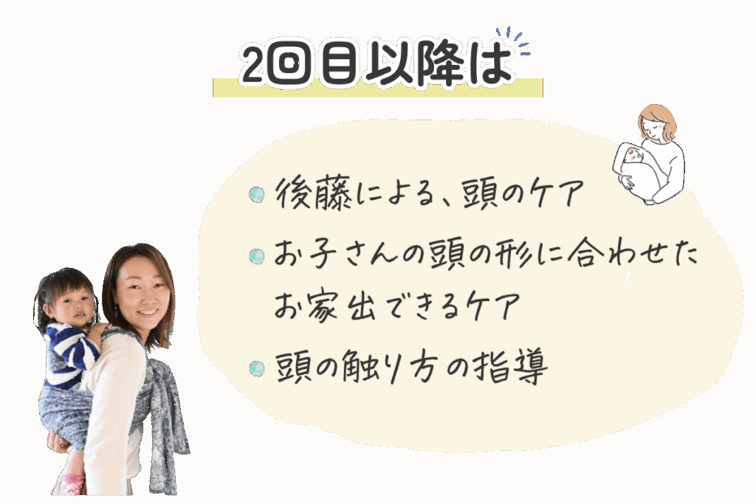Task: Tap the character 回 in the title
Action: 289,64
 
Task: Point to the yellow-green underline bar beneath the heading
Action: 377,88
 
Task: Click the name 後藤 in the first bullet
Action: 313,193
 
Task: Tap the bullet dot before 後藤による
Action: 256,194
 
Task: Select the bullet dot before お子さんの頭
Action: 256,256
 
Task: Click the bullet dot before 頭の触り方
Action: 256,369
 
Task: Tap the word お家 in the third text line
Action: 305,305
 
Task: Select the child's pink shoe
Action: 72,483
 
